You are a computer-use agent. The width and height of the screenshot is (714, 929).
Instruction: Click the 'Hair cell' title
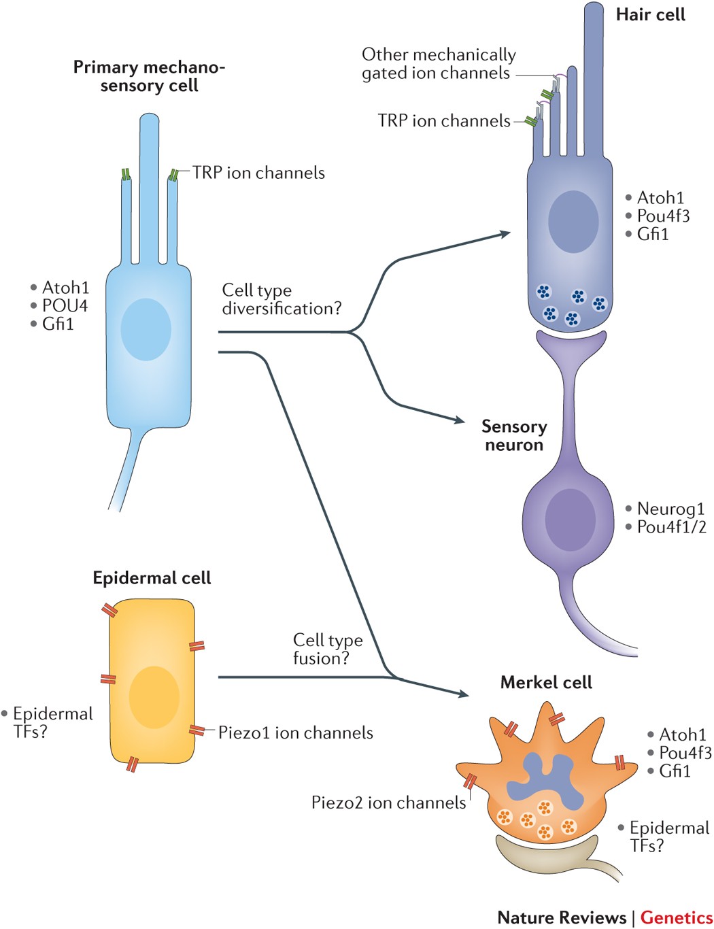point(650,15)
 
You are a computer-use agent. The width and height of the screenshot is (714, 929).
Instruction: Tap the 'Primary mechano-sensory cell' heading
point(149,76)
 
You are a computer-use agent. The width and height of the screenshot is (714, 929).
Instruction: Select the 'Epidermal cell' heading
point(152,578)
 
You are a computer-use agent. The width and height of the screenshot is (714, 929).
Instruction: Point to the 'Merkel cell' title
point(546,683)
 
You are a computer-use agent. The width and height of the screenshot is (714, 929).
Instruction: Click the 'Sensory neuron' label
point(513,435)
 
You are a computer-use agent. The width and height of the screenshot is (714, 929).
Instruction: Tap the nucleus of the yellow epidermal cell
point(154,697)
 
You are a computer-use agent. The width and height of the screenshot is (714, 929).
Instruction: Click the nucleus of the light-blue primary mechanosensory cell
point(146,329)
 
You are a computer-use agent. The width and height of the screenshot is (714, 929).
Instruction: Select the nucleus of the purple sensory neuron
point(570,518)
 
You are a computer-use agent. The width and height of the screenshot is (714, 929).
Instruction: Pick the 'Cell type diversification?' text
point(281,299)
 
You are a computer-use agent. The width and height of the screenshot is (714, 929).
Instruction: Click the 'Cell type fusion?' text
point(327,649)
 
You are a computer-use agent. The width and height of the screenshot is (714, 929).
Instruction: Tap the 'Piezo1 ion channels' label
point(296,732)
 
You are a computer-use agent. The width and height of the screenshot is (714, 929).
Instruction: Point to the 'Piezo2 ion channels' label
point(388,803)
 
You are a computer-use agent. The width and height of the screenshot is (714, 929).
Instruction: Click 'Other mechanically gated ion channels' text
point(438,63)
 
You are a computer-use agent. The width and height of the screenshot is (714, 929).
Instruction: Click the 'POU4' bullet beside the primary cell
point(65,305)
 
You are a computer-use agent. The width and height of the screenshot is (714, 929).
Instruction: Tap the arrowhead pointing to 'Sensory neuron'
point(460,420)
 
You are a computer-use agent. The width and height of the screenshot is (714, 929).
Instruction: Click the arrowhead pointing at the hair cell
point(505,233)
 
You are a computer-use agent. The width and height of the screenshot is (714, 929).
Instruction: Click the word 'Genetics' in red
point(676,917)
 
